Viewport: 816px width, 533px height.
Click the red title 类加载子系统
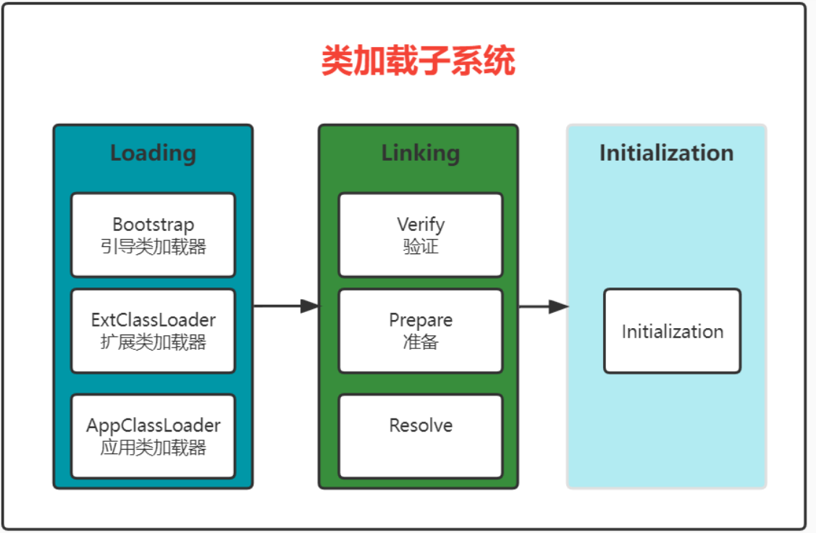point(418,62)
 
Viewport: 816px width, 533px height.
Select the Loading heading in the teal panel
point(153,154)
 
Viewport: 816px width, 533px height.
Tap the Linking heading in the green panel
point(420,154)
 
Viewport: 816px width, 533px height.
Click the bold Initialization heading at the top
point(666,154)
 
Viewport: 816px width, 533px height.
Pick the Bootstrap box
point(153,235)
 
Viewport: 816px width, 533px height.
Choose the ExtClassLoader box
point(153,331)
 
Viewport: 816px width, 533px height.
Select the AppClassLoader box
point(153,436)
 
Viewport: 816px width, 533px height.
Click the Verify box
point(420,235)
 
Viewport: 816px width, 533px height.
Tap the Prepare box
point(420,331)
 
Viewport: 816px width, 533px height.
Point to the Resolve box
point(420,436)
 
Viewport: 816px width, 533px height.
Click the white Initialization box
point(672,332)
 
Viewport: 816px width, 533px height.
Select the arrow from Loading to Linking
point(285,306)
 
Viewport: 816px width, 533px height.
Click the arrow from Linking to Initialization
point(543,307)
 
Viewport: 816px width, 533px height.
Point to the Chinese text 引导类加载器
point(153,247)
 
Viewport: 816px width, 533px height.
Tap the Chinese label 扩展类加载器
point(153,343)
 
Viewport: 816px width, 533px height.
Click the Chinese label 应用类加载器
point(153,448)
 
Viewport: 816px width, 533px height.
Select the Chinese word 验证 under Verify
point(421,247)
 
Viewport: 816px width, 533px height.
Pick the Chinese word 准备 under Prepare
point(421,343)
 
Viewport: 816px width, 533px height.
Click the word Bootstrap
point(153,224)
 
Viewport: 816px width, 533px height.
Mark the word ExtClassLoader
point(153,320)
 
